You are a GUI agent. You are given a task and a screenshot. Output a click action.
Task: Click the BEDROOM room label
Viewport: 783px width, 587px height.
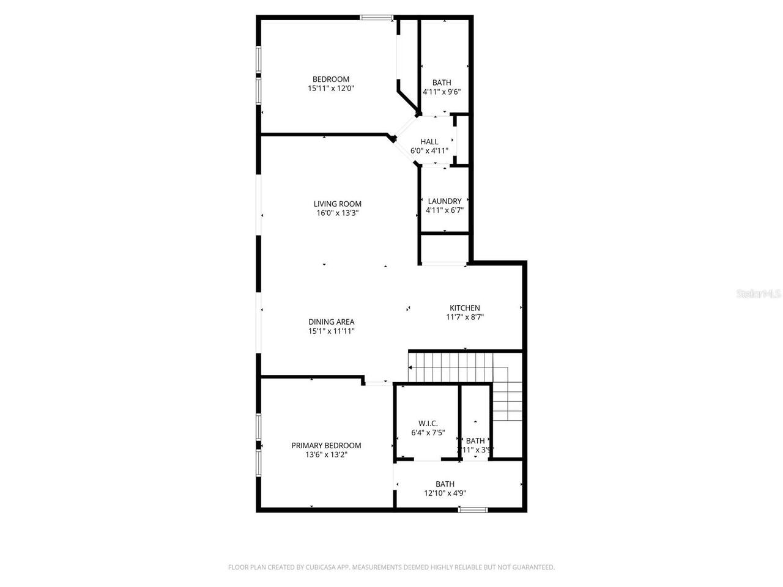(x=331, y=79)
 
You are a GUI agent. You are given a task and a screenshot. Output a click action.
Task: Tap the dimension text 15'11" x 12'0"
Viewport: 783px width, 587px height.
(x=331, y=89)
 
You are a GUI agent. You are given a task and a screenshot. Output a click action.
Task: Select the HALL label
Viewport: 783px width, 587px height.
(x=429, y=142)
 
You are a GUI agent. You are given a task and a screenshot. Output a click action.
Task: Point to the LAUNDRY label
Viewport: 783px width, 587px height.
(x=445, y=201)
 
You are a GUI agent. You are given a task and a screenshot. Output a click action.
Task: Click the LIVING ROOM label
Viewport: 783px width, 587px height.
(x=338, y=204)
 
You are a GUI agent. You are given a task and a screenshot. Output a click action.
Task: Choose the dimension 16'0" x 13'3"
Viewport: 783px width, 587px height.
(x=338, y=213)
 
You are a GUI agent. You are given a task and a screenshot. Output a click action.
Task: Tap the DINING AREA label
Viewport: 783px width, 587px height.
(x=332, y=322)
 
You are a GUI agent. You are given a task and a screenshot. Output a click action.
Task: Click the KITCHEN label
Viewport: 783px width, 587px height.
(x=465, y=308)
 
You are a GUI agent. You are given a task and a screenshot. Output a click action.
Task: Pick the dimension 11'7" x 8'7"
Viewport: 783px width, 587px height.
(x=465, y=317)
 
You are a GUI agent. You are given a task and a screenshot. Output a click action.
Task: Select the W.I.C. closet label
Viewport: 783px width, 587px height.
(x=428, y=424)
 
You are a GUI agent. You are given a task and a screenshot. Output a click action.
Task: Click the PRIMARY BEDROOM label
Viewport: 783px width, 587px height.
(x=326, y=446)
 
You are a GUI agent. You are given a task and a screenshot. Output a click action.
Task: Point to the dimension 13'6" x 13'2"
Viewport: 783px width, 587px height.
(x=326, y=455)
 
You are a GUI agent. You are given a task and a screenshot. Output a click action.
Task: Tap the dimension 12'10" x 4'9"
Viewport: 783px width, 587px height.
(x=445, y=493)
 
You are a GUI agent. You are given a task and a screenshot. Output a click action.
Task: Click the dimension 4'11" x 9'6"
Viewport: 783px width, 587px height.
(x=442, y=92)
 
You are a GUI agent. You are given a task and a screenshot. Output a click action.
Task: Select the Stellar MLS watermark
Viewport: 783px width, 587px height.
(x=759, y=294)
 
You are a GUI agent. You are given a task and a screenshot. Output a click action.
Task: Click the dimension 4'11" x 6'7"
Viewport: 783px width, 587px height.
(x=445, y=210)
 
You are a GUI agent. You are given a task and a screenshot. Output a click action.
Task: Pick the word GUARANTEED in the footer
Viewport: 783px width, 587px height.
(x=533, y=567)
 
